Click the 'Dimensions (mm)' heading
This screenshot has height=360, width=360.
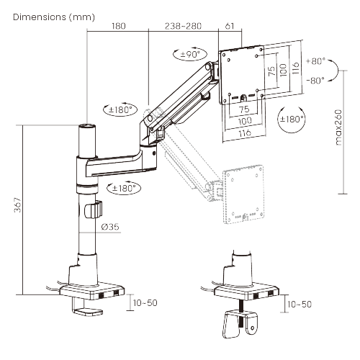pos(54,17)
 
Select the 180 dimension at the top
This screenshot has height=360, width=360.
pos(119,26)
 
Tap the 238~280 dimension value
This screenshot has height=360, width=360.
pos(183,26)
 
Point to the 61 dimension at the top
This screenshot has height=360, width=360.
pos(230,26)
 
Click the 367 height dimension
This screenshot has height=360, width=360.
pos(17,204)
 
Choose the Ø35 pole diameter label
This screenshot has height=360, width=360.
pos(110,227)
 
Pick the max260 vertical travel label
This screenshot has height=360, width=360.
pos(338,127)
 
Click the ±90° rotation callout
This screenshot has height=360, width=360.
pos(190,54)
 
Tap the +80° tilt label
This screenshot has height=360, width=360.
pos(315,61)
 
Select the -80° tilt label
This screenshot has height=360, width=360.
pos(315,80)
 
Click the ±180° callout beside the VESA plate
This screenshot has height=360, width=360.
pos(292,119)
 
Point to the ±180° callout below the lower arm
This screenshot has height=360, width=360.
pos(123,188)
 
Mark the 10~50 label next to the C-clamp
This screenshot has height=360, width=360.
pos(145,303)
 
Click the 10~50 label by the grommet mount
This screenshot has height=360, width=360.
pos(300,305)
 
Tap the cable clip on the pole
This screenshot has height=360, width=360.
pos(94,210)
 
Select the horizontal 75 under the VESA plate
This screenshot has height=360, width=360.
pos(244,109)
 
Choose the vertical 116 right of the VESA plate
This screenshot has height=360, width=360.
pos(296,68)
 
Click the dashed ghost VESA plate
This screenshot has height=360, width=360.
pos(243,194)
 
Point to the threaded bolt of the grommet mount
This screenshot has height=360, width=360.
pos(242,314)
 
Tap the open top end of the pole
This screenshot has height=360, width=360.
pos(87,126)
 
